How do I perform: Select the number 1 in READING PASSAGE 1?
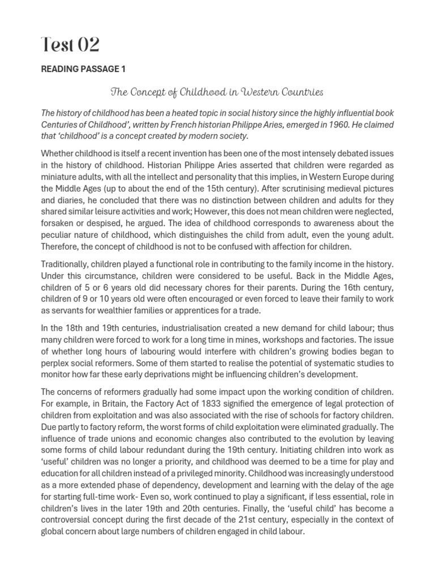tap(123, 69)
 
